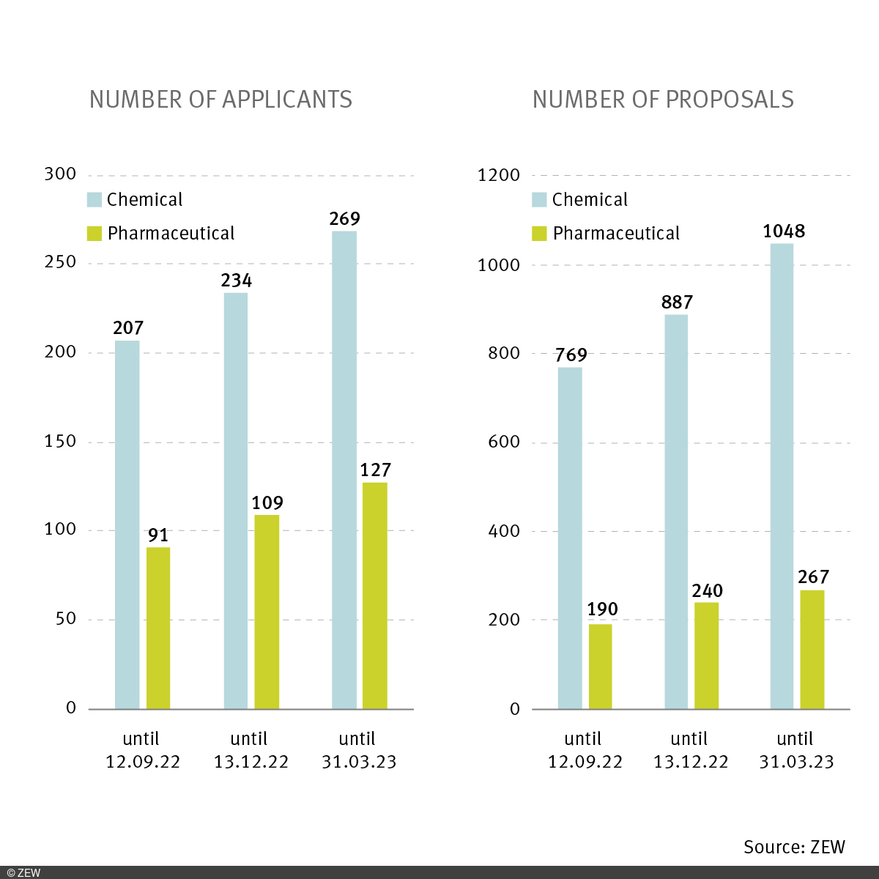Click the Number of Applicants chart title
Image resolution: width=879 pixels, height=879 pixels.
pos(220,100)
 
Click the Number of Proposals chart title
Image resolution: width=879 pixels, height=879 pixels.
pos(663,100)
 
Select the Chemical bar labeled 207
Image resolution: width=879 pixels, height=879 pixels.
pos(127,524)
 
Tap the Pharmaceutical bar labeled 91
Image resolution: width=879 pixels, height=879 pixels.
pos(158,628)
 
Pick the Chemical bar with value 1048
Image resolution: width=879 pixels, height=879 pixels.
pos(782,476)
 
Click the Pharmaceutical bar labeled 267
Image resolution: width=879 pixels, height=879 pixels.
pos(812,649)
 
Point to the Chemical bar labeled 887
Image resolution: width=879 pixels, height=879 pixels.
pos(676,511)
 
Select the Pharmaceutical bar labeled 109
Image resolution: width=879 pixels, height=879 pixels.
pos(267,612)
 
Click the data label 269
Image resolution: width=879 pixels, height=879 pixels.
pos(345,219)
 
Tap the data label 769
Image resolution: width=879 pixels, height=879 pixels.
pos(571,355)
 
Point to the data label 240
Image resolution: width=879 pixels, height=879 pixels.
pos(707,591)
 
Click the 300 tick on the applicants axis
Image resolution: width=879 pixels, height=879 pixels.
pos(60,174)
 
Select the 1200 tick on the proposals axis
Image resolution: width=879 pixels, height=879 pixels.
pos(498,176)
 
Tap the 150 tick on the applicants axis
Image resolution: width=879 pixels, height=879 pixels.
pos(60,442)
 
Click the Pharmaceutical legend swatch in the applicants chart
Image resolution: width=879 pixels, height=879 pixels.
pos(94,234)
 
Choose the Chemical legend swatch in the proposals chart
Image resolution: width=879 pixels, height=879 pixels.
pos(539,200)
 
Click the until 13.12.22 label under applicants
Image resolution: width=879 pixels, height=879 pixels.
pos(251,750)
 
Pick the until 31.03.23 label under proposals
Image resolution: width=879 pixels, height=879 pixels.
pos(796,750)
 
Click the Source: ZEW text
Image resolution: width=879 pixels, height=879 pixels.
pos(794,848)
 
